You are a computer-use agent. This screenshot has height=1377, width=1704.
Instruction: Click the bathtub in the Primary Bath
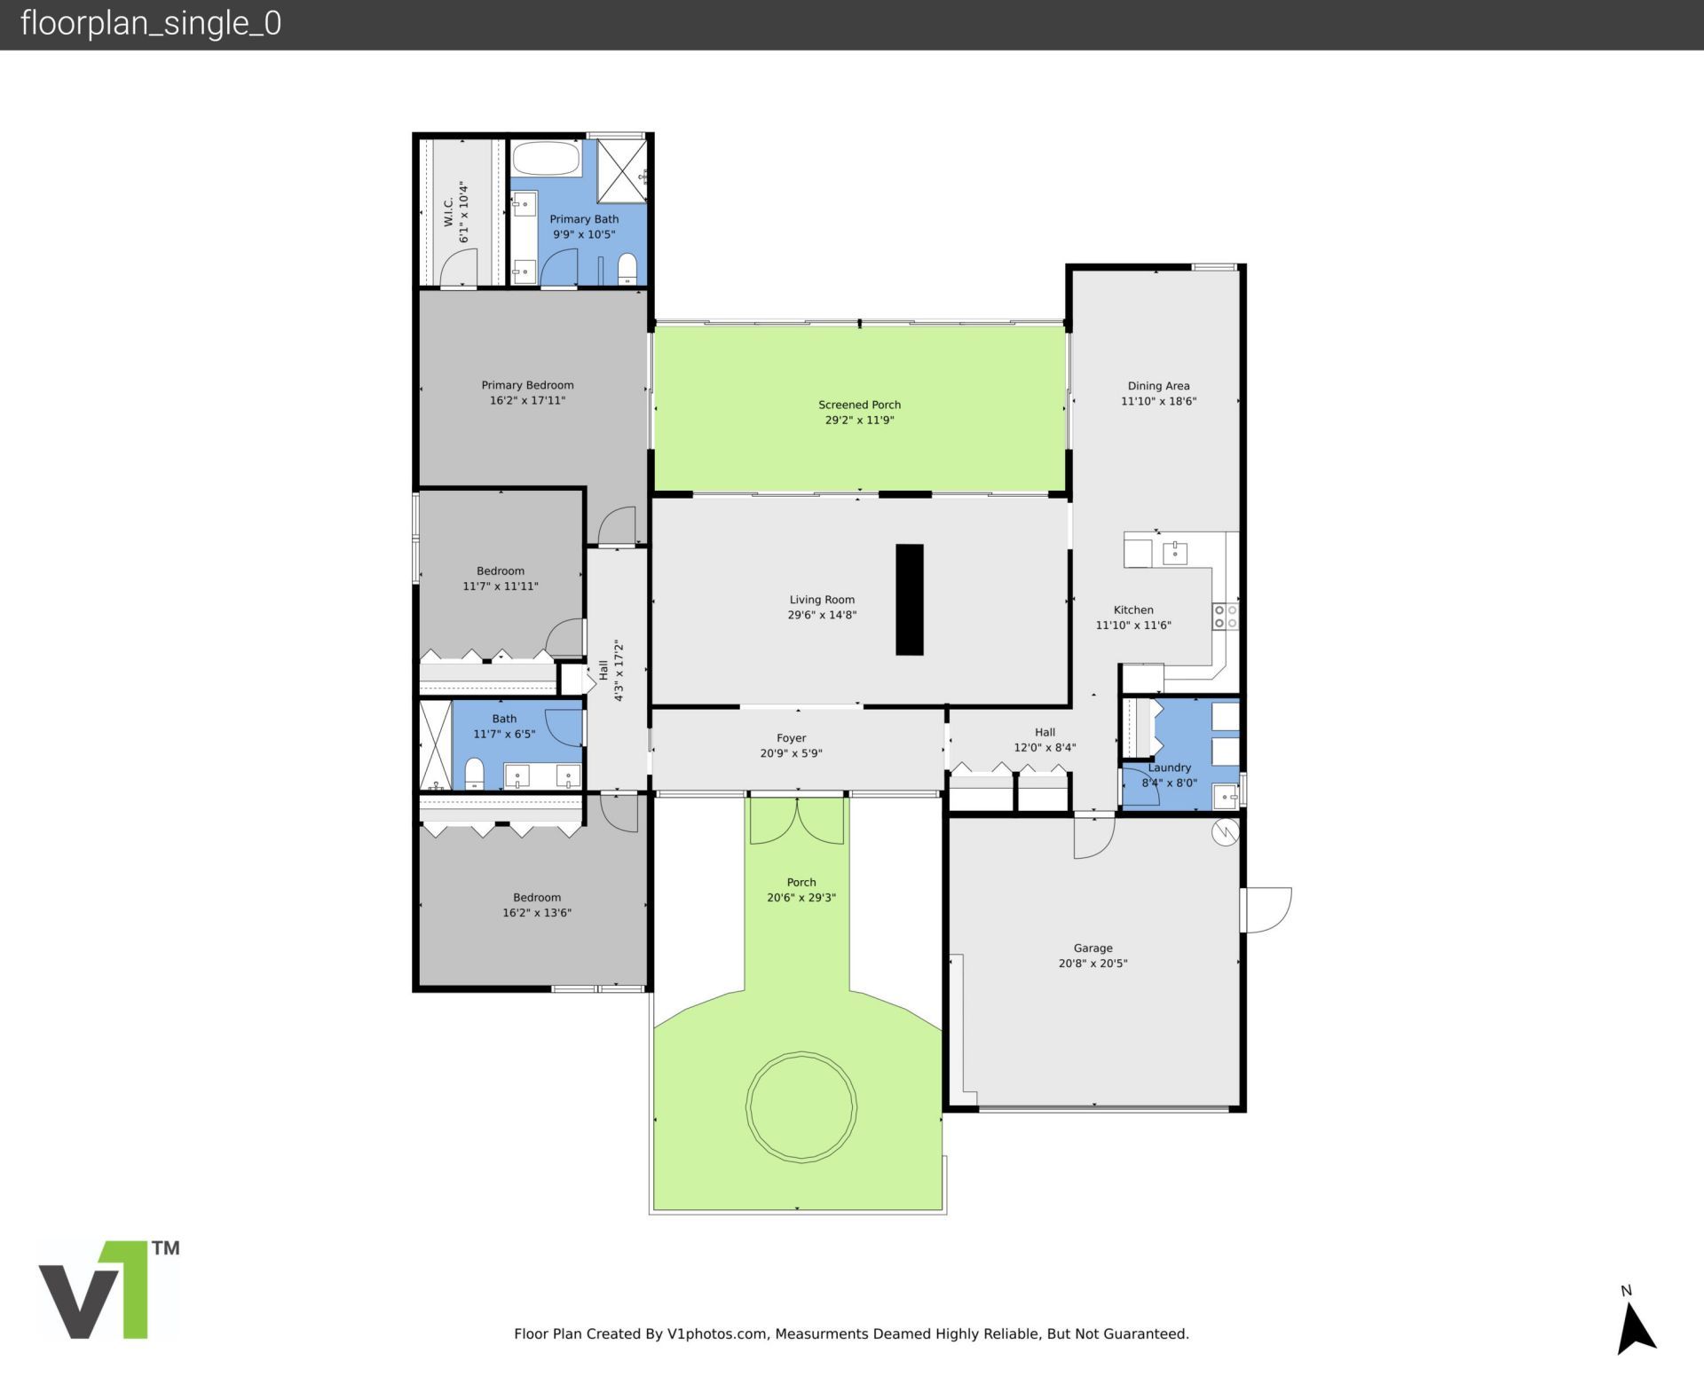click(x=546, y=160)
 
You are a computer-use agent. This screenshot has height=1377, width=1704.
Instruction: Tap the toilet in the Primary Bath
click(x=627, y=268)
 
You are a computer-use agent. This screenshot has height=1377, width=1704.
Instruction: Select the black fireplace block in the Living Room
click(x=909, y=600)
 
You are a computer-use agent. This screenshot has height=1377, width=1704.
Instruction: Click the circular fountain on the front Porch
click(x=801, y=1106)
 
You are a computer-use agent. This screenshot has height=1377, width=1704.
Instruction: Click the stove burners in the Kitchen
click(x=1226, y=617)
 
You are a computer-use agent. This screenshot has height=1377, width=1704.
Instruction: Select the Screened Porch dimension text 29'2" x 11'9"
click(x=859, y=420)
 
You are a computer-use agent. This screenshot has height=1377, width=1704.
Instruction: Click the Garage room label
click(x=1093, y=948)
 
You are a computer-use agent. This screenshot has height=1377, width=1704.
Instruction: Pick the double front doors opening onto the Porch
click(x=797, y=821)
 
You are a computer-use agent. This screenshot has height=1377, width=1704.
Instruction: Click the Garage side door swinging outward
click(x=1266, y=909)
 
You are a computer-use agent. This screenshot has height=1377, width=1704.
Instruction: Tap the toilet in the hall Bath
click(x=475, y=773)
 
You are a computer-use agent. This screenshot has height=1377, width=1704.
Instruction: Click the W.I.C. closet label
click(x=448, y=212)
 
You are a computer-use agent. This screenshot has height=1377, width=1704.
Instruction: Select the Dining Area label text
click(x=1158, y=386)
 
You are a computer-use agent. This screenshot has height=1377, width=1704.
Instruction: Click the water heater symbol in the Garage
click(x=1225, y=832)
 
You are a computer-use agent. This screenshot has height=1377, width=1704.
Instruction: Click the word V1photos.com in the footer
click(x=716, y=1334)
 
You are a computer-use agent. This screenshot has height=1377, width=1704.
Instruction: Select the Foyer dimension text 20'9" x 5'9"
click(x=791, y=753)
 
